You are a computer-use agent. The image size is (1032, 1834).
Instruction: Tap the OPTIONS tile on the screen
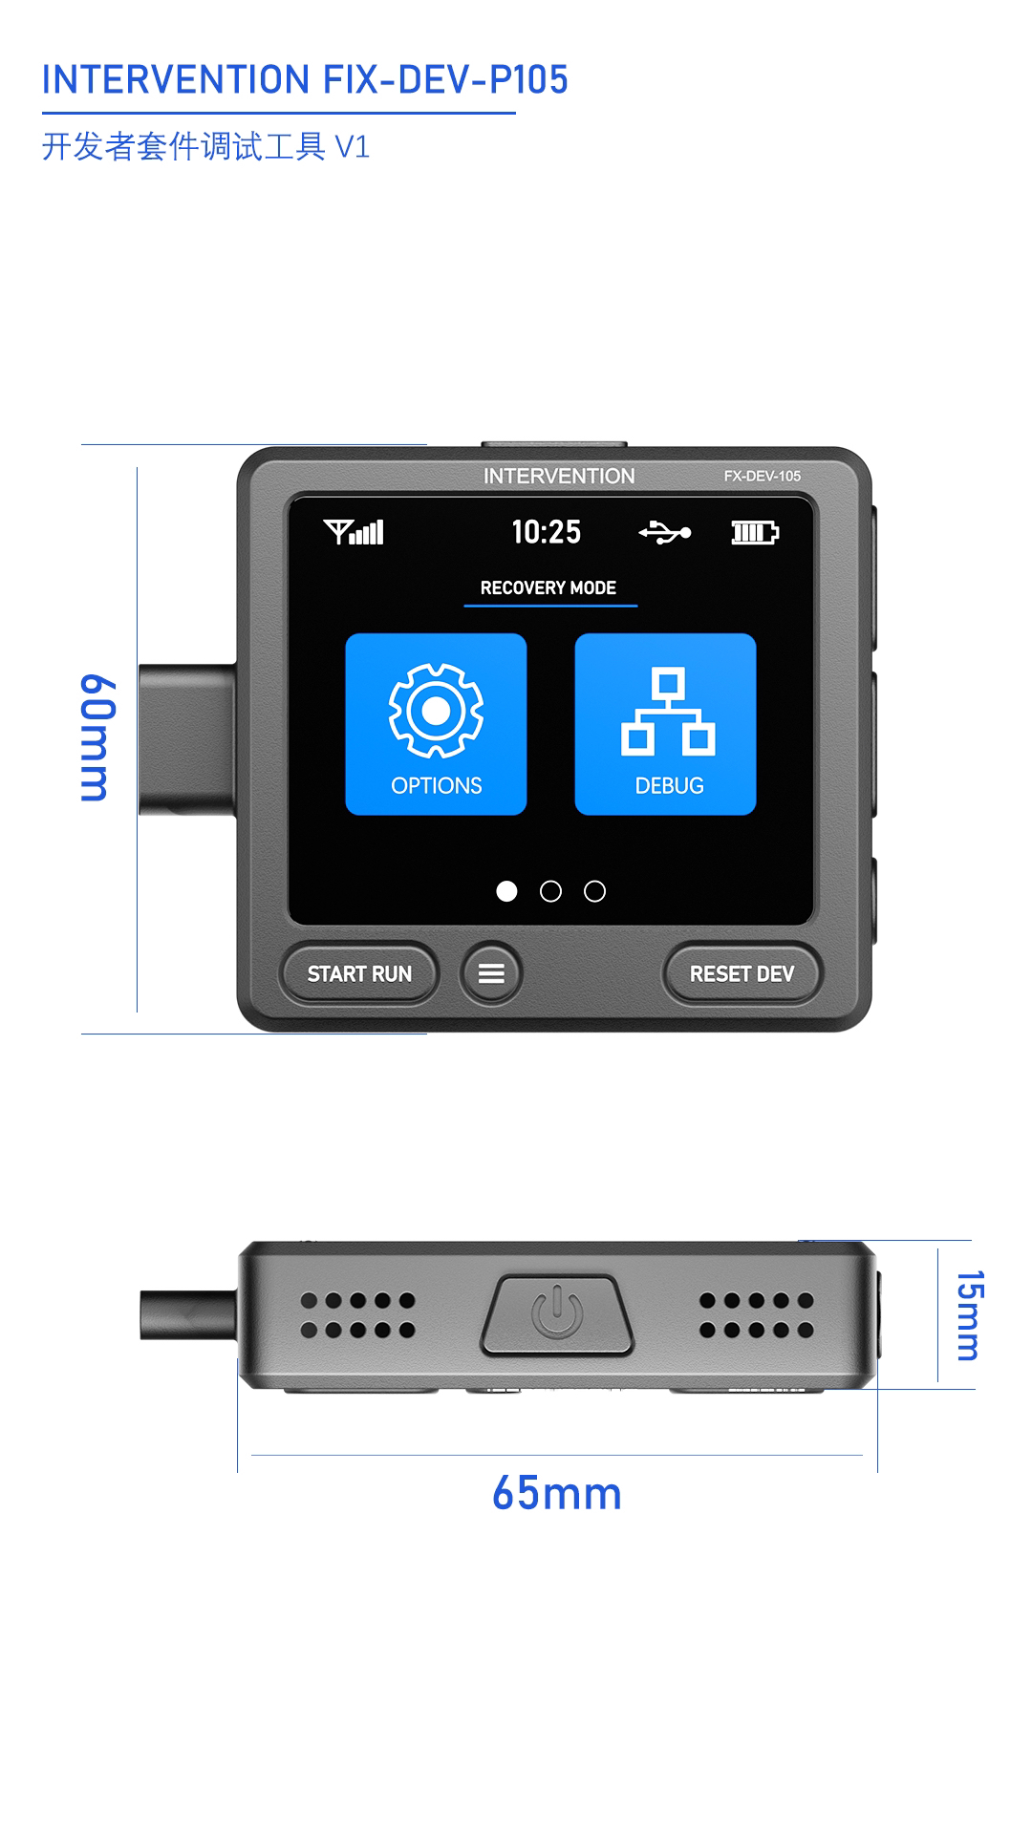[436, 724]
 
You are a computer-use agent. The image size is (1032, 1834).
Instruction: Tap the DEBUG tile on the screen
[665, 724]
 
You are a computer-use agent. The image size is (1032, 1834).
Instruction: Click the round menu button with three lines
[491, 973]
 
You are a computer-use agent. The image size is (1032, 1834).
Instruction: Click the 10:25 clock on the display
[546, 532]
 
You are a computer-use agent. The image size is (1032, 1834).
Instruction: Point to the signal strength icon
[354, 532]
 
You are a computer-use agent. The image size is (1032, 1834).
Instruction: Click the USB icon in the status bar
[664, 532]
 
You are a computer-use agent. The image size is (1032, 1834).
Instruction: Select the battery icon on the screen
[755, 532]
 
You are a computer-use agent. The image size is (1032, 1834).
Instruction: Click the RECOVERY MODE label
[548, 588]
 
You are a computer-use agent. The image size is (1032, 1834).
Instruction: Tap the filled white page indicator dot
[506, 891]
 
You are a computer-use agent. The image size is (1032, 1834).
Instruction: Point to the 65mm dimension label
[556, 1494]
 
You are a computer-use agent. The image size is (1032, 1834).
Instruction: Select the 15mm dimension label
[969, 1314]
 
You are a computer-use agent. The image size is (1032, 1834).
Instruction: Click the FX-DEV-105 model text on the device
[762, 476]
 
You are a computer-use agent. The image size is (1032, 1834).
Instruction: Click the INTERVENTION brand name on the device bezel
[559, 476]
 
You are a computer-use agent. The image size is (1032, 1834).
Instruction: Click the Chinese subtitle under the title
[205, 147]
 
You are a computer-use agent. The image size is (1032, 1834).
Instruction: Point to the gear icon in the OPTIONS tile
[436, 712]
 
